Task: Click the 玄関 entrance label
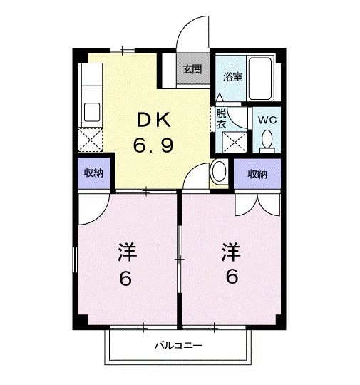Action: pyautogui.click(x=191, y=70)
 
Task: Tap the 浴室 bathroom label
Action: pyautogui.click(x=233, y=77)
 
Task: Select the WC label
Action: pyautogui.click(x=267, y=120)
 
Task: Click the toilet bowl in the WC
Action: pyautogui.click(x=267, y=143)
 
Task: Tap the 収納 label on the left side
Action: pyautogui.click(x=93, y=174)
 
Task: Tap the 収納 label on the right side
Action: pyautogui.click(x=257, y=174)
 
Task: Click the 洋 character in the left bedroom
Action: pyautogui.click(x=126, y=252)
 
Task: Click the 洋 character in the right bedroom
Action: pyautogui.click(x=230, y=251)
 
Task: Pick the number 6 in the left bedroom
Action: pyautogui.click(x=126, y=278)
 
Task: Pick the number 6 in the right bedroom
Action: pyautogui.click(x=231, y=277)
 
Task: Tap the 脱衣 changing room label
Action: pyautogui.click(x=221, y=118)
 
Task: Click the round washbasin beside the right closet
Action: pyautogui.click(x=220, y=172)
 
